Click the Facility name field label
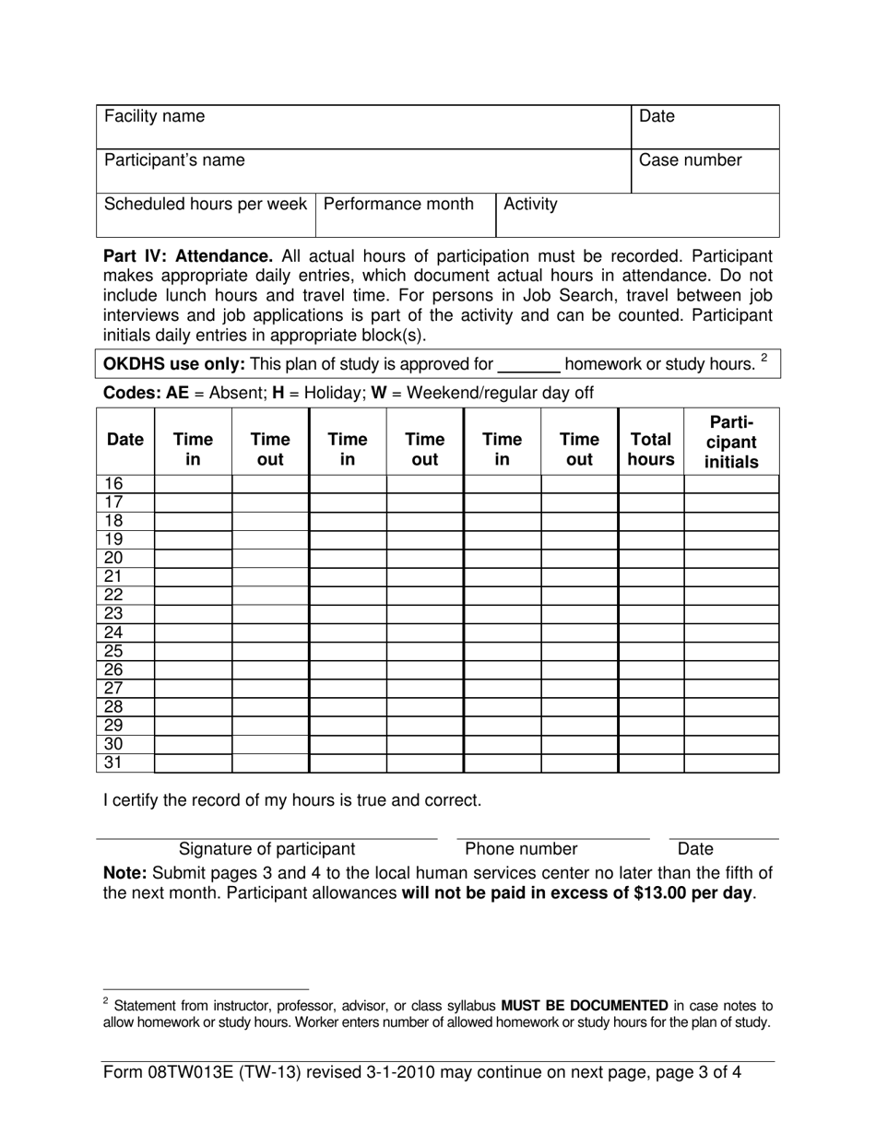click(x=154, y=117)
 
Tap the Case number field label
click(x=690, y=160)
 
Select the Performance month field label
click(x=398, y=204)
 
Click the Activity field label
click(x=530, y=204)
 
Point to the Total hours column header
click(x=651, y=449)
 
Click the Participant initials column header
click(x=731, y=443)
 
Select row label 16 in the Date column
click(x=113, y=484)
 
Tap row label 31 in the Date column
click(x=113, y=762)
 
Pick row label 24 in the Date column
click(x=113, y=632)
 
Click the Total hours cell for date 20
click(x=651, y=558)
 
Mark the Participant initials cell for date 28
click(x=731, y=707)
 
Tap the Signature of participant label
click(x=266, y=849)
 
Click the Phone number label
click(x=521, y=849)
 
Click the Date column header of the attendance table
click(x=125, y=440)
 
